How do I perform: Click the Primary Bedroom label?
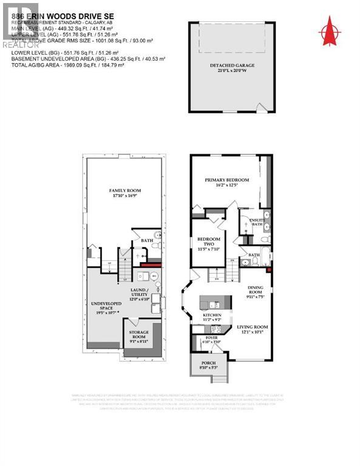click(x=226, y=180)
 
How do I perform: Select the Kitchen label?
click(x=212, y=316)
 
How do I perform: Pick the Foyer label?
click(x=212, y=337)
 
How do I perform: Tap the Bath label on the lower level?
click(x=147, y=240)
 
